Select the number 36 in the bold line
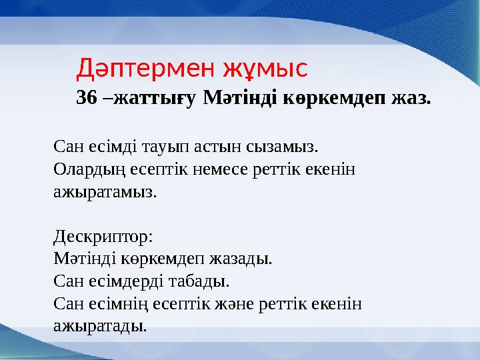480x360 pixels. click(86, 99)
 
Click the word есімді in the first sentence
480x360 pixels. click(107, 145)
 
